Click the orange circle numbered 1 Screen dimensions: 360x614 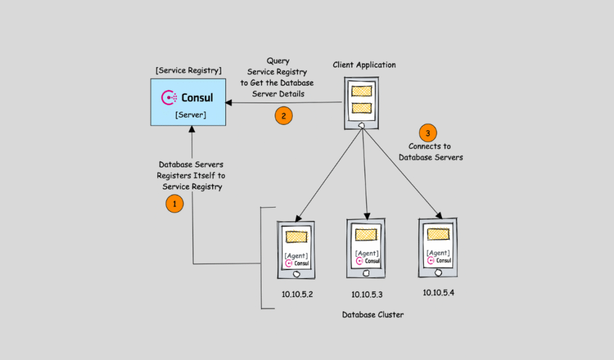click(x=174, y=204)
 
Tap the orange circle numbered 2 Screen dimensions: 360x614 click(x=284, y=116)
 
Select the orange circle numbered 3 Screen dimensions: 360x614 click(x=428, y=133)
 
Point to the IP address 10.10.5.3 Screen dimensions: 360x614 click(x=367, y=295)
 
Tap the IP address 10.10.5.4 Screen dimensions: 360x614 click(x=438, y=292)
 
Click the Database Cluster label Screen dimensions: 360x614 click(x=372, y=314)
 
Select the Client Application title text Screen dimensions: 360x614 click(x=365, y=65)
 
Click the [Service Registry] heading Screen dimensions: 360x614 click(x=188, y=70)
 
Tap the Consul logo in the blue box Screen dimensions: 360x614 click(x=188, y=97)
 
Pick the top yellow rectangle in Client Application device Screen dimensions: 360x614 click(x=362, y=92)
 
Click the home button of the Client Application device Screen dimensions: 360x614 click(x=362, y=125)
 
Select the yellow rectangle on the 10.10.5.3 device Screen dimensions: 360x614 click(x=366, y=235)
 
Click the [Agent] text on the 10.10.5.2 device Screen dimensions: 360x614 click(x=296, y=256)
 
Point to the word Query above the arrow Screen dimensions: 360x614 click(x=278, y=61)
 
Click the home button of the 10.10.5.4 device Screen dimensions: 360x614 click(x=438, y=272)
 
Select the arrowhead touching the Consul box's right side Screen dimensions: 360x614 click(x=229, y=103)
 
